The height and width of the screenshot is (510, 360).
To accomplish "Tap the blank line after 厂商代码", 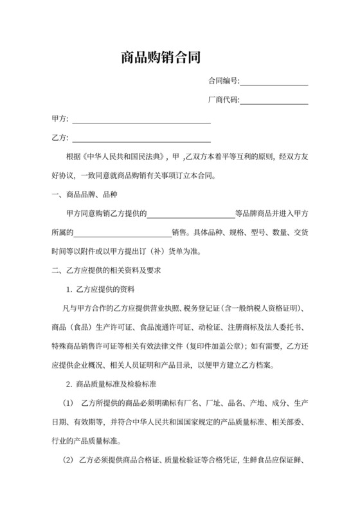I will click(x=274, y=102).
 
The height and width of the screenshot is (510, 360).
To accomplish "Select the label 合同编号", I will click(x=222, y=81).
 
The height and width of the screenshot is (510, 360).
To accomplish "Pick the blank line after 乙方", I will click(x=141, y=140).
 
